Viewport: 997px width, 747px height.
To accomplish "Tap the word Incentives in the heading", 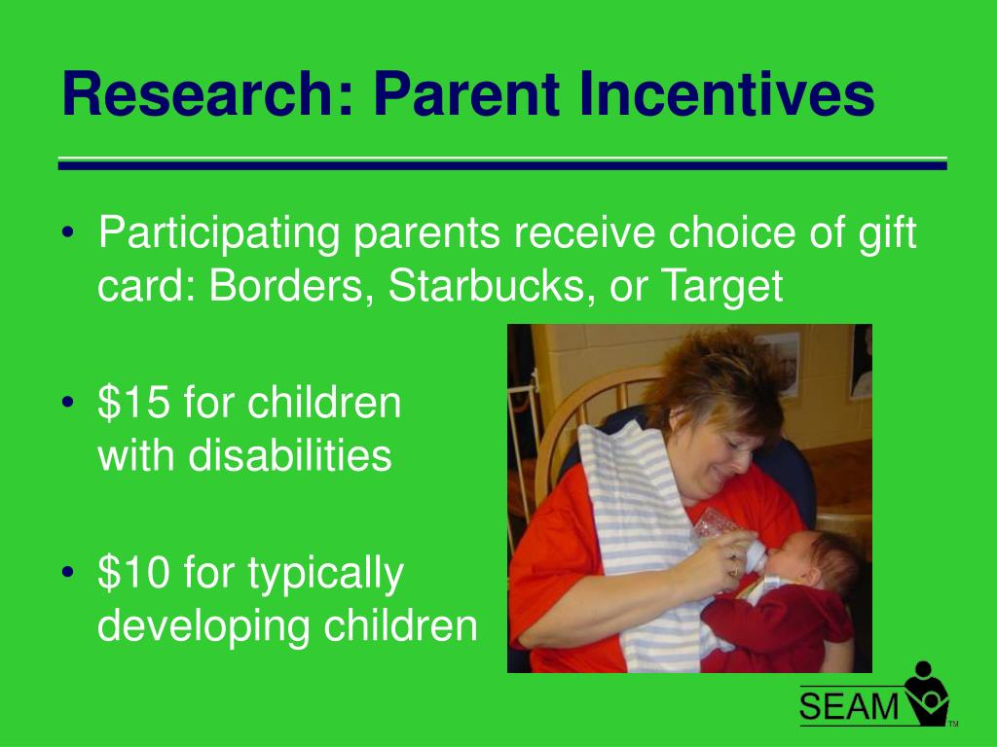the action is (726, 94).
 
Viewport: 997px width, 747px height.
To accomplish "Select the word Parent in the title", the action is (466, 94).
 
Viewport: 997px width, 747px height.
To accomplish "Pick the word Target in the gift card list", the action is (722, 287).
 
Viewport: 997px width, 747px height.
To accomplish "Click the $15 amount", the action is (133, 403).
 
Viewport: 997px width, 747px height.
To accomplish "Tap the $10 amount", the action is (133, 572).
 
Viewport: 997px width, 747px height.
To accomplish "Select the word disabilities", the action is (290, 455).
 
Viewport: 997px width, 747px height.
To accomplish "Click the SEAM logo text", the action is (849, 706).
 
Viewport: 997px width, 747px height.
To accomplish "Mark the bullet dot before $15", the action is (68, 403).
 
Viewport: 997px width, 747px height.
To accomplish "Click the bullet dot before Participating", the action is (68, 232).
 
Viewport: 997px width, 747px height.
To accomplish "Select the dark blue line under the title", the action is (502, 165).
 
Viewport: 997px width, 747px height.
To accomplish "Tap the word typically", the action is (325, 574).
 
